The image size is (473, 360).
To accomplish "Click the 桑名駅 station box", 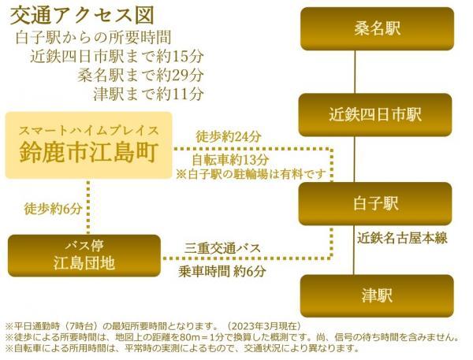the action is click(x=377, y=29).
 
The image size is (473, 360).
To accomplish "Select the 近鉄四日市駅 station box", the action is click(x=375, y=115).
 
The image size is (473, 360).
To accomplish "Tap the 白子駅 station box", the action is click(x=375, y=203).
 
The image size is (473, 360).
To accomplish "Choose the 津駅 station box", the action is click(x=377, y=295).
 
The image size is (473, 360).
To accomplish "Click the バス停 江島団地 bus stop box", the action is click(x=84, y=256).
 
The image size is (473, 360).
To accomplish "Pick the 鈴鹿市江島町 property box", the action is click(x=88, y=145).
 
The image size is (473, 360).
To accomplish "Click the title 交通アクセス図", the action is click(x=82, y=16).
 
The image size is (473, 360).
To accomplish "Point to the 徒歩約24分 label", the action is click(x=229, y=137).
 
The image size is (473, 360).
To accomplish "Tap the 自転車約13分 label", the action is click(x=230, y=159).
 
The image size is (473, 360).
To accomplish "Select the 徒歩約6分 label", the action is click(x=53, y=209).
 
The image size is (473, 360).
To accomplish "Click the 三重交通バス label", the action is click(x=222, y=248).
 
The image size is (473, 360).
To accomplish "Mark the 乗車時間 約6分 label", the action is click(x=222, y=271).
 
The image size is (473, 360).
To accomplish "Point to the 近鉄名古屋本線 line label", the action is click(x=402, y=239).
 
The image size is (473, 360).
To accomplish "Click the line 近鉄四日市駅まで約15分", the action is click(x=117, y=57).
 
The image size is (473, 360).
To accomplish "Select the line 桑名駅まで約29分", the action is click(x=140, y=75).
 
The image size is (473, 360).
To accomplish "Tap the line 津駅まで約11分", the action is click(x=148, y=94).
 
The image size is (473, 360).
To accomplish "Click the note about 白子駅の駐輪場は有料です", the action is click(x=251, y=174).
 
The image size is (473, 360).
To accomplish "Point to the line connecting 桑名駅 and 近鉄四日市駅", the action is click(x=355, y=72).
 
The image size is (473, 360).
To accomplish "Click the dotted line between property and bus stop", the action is click(x=88, y=207).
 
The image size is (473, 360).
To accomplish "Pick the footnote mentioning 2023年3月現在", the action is click(x=154, y=326).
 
